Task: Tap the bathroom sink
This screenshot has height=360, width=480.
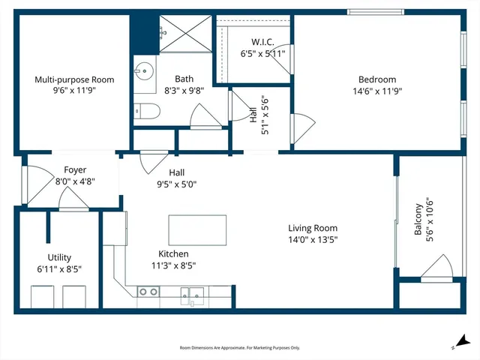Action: [x=144, y=73]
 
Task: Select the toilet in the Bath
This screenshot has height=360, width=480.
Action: [x=145, y=112]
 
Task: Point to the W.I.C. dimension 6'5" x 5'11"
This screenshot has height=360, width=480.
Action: [x=262, y=54]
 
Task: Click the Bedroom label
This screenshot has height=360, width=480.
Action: [x=376, y=79]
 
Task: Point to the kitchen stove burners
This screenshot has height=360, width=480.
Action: [x=148, y=292]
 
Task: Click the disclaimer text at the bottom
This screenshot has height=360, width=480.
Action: [x=240, y=347]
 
